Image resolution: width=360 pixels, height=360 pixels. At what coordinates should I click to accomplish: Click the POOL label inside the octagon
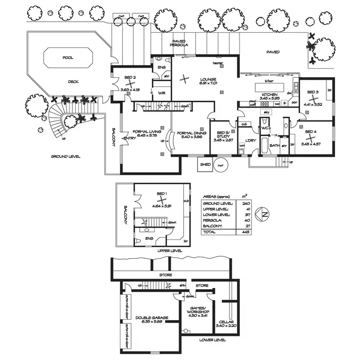(x=68, y=57)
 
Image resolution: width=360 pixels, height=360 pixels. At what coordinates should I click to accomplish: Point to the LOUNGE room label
(x=208, y=79)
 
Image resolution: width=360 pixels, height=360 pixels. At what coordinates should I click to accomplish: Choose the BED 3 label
(x=313, y=92)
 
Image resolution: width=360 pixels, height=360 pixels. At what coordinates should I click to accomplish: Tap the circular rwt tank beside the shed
(x=220, y=165)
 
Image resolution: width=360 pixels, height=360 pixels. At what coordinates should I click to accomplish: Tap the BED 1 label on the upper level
(x=162, y=194)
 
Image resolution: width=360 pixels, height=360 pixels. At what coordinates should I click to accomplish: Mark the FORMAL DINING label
(x=191, y=133)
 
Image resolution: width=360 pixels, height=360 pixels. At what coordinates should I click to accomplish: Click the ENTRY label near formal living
(x=130, y=138)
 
